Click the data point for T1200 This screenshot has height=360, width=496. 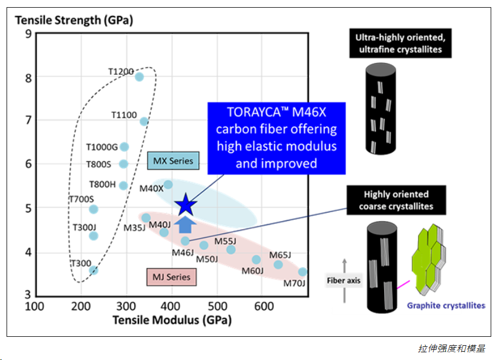[x=139, y=77]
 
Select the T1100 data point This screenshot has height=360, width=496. [x=144, y=121]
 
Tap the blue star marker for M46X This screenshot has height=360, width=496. [x=186, y=205]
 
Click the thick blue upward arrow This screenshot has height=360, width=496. [x=185, y=225]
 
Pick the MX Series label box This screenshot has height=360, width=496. [x=173, y=161]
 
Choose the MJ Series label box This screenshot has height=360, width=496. [x=172, y=277]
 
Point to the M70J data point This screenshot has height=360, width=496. [x=302, y=271]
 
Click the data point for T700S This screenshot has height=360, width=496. [x=93, y=209]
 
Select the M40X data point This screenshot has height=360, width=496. [x=168, y=184]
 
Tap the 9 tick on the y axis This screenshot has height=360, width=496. [x=29, y=33]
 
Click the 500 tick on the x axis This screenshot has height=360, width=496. [x=217, y=306]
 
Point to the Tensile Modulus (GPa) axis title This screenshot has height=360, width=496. [x=172, y=320]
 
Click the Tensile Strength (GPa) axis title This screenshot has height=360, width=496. [x=74, y=20]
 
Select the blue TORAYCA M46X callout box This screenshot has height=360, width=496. [x=276, y=138]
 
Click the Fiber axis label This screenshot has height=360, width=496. [x=343, y=280]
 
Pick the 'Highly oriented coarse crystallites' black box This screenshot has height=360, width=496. [x=396, y=200]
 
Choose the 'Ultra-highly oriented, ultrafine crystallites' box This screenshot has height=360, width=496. [x=400, y=43]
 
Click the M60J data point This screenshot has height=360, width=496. [x=256, y=260]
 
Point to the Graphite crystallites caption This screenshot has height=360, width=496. [x=446, y=305]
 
